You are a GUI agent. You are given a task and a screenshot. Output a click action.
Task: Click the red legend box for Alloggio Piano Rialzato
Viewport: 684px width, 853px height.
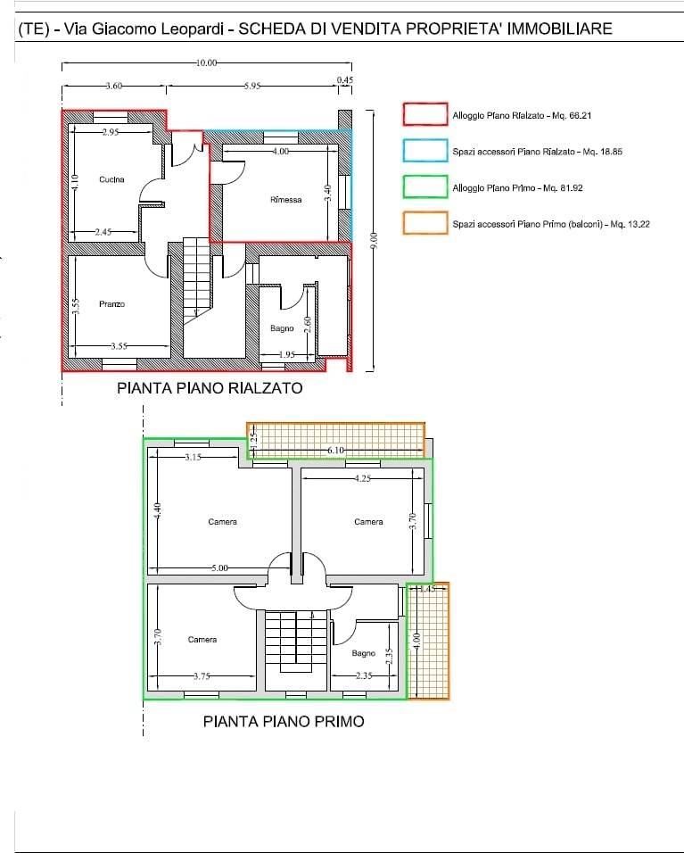point(425,114)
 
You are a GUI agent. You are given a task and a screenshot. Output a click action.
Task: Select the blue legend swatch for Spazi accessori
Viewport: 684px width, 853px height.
point(425,151)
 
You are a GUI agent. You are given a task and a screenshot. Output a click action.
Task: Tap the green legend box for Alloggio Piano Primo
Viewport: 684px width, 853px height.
point(425,186)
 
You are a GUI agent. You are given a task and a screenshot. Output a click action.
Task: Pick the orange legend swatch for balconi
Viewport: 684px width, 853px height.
point(425,223)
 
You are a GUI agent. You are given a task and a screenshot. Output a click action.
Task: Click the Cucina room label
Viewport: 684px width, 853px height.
point(111,179)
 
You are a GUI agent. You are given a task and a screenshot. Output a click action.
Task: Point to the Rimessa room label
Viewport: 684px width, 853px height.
point(286,200)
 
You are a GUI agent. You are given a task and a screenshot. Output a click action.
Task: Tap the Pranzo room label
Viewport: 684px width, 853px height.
point(112,304)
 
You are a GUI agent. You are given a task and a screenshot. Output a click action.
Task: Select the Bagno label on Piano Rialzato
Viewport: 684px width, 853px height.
point(282,328)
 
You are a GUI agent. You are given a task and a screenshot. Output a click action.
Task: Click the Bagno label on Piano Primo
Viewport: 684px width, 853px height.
point(363,653)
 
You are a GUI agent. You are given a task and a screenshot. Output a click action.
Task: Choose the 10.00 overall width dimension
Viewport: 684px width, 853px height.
point(206,63)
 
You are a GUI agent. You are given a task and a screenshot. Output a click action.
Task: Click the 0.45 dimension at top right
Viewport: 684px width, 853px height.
point(345,80)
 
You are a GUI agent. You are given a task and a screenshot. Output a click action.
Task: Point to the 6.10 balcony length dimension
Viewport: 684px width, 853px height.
point(335,451)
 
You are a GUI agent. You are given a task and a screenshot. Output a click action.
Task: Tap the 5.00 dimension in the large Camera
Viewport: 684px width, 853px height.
point(219,568)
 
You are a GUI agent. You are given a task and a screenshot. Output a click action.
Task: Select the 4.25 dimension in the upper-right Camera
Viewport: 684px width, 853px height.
point(363,479)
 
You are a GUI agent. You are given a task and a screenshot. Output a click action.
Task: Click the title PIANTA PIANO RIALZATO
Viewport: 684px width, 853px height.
point(210,388)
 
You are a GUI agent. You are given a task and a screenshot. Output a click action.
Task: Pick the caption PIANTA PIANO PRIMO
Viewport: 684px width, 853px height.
point(284,721)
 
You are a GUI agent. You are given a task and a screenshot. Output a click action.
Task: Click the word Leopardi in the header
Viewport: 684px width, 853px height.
point(192,29)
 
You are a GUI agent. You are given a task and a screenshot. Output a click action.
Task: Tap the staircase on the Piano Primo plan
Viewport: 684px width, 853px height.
point(296,650)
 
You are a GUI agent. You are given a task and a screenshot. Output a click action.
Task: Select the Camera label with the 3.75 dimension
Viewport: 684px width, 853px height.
point(202,640)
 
